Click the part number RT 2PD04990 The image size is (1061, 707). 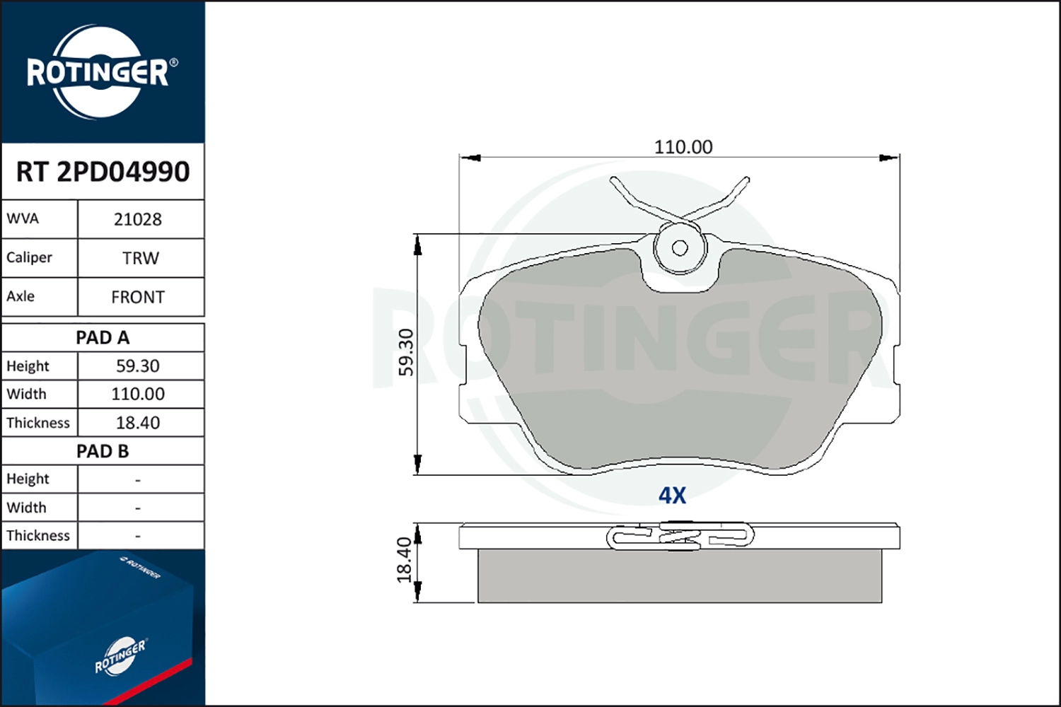coord(103,172)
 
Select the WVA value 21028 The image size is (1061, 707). coord(138,219)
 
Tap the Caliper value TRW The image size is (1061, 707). coord(140,258)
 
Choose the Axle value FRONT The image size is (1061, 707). coord(138,297)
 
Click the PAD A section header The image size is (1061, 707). coord(103,338)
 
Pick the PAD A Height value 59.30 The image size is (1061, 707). coord(138,366)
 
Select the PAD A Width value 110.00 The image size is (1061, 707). coord(138,394)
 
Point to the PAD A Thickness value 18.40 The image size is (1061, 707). coord(138,423)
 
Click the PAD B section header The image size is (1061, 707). coord(103,451)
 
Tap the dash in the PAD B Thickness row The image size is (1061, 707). coord(138,537)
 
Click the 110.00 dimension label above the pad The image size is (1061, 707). coord(683,147)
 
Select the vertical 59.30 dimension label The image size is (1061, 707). coord(406,352)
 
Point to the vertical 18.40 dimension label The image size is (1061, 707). coord(405,560)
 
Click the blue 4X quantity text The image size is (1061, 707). coord(672,496)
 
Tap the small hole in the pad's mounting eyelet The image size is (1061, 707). coord(680,248)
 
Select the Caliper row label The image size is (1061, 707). coord(29,257)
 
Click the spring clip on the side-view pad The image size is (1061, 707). coord(680,537)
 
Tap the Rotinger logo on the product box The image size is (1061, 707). coord(120,657)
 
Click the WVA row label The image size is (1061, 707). coord(23,218)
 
